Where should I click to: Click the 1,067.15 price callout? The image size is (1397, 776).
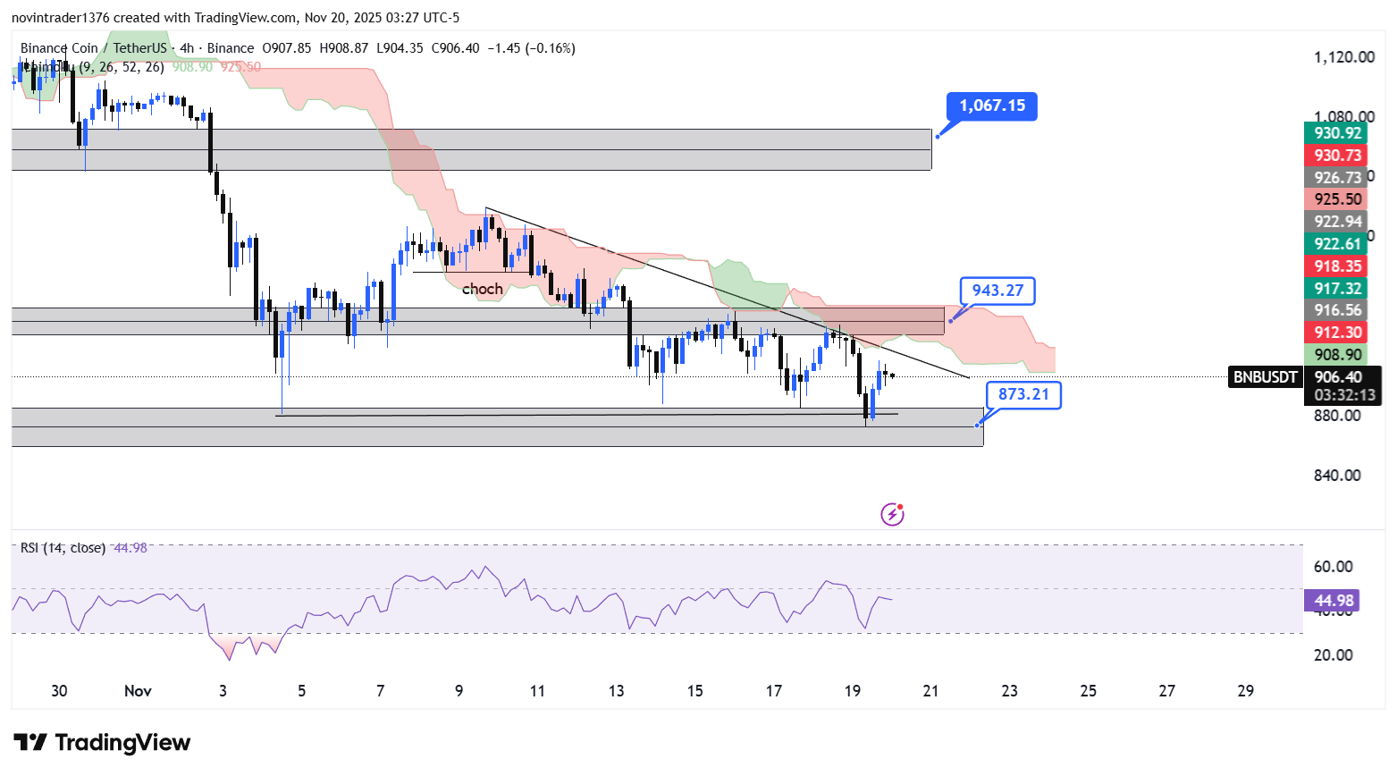pyautogui.click(x=992, y=105)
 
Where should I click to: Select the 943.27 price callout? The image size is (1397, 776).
pyautogui.click(x=997, y=291)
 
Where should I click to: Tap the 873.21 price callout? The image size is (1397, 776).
pyautogui.click(x=1023, y=394)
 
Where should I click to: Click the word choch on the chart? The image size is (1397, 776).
pyautogui.click(x=482, y=289)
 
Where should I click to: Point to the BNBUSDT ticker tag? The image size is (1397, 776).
pyautogui.click(x=1265, y=377)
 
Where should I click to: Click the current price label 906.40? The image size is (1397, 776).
pyautogui.click(x=1338, y=377)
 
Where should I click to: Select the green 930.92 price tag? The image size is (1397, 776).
pyautogui.click(x=1337, y=133)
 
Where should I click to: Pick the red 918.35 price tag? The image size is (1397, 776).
pyautogui.click(x=1337, y=266)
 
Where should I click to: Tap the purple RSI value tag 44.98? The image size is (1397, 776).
pyautogui.click(x=1332, y=601)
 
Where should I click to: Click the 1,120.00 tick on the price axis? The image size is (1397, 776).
pyautogui.click(x=1343, y=57)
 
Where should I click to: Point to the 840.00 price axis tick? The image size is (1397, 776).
pyautogui.click(x=1337, y=476)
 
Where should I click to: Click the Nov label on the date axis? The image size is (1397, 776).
pyautogui.click(x=138, y=691)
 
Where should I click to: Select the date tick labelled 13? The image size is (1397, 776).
pyautogui.click(x=616, y=691)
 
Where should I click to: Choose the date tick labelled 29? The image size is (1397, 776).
pyautogui.click(x=1245, y=691)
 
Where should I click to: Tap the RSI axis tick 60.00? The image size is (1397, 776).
pyautogui.click(x=1333, y=567)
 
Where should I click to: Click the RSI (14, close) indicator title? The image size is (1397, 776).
pyautogui.click(x=63, y=548)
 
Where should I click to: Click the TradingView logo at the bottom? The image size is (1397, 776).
pyautogui.click(x=102, y=743)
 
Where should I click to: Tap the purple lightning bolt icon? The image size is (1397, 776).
pyautogui.click(x=892, y=514)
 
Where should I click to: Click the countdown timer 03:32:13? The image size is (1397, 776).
pyautogui.click(x=1344, y=395)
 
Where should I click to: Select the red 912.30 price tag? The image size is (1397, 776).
pyautogui.click(x=1337, y=333)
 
